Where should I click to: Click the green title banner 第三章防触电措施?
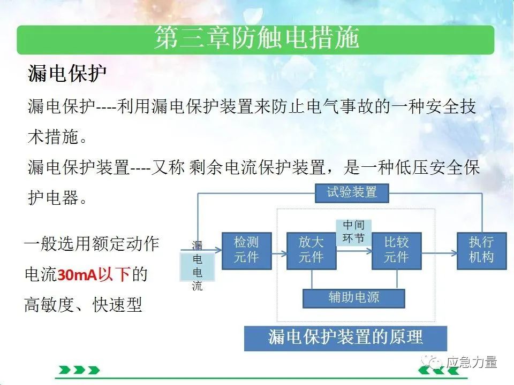[x=256, y=40]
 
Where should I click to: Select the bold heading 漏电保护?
[x=67, y=73]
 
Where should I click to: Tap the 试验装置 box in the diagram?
[x=352, y=193]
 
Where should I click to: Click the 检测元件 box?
[x=246, y=251]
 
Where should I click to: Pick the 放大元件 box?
[x=311, y=251]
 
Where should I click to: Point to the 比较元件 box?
[x=396, y=251]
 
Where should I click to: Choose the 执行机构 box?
[x=481, y=251]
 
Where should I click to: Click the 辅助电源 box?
[x=354, y=298]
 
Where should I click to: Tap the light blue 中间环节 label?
[x=354, y=232]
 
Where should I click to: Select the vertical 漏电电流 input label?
[x=197, y=266]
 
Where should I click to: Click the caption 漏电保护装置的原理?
[x=345, y=338]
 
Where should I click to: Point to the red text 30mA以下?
[x=94, y=275]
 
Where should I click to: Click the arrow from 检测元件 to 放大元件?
[x=279, y=253]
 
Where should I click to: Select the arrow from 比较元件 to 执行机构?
[x=439, y=253]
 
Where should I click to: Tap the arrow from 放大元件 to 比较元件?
[x=354, y=251]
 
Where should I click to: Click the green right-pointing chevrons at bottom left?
[x=79, y=370]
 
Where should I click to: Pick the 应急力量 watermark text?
[x=471, y=362]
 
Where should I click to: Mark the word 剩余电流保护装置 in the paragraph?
[x=258, y=167]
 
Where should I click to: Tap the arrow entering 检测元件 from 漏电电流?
[x=201, y=250]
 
